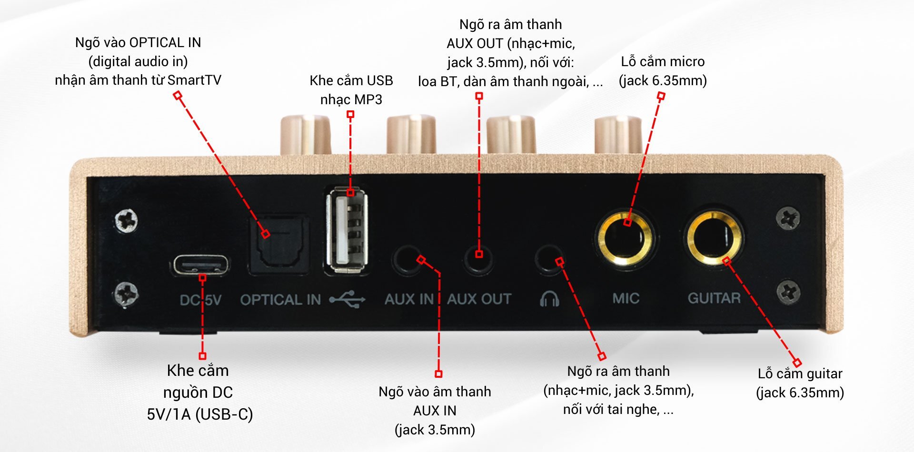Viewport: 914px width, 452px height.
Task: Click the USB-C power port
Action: coord(200,265)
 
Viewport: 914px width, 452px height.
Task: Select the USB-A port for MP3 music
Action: coord(347,231)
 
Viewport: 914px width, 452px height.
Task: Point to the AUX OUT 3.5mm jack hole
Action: coord(478,258)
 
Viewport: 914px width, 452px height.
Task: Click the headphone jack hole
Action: coord(549,259)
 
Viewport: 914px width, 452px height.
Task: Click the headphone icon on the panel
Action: coord(549,299)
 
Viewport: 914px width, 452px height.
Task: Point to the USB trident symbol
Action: coord(348,299)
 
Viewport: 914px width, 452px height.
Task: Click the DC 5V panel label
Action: coord(200,300)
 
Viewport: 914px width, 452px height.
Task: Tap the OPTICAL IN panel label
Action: coord(280,300)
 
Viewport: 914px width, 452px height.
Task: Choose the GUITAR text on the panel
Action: coord(714,298)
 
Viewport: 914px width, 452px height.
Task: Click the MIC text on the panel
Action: coord(626,298)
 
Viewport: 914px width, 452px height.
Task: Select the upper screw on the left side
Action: coord(127,221)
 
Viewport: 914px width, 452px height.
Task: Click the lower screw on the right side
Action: coord(788,292)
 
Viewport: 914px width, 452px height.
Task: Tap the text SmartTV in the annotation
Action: coord(194,80)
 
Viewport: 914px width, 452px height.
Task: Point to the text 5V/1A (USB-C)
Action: coord(199,414)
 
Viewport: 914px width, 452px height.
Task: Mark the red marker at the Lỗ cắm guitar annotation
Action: coord(797,363)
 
